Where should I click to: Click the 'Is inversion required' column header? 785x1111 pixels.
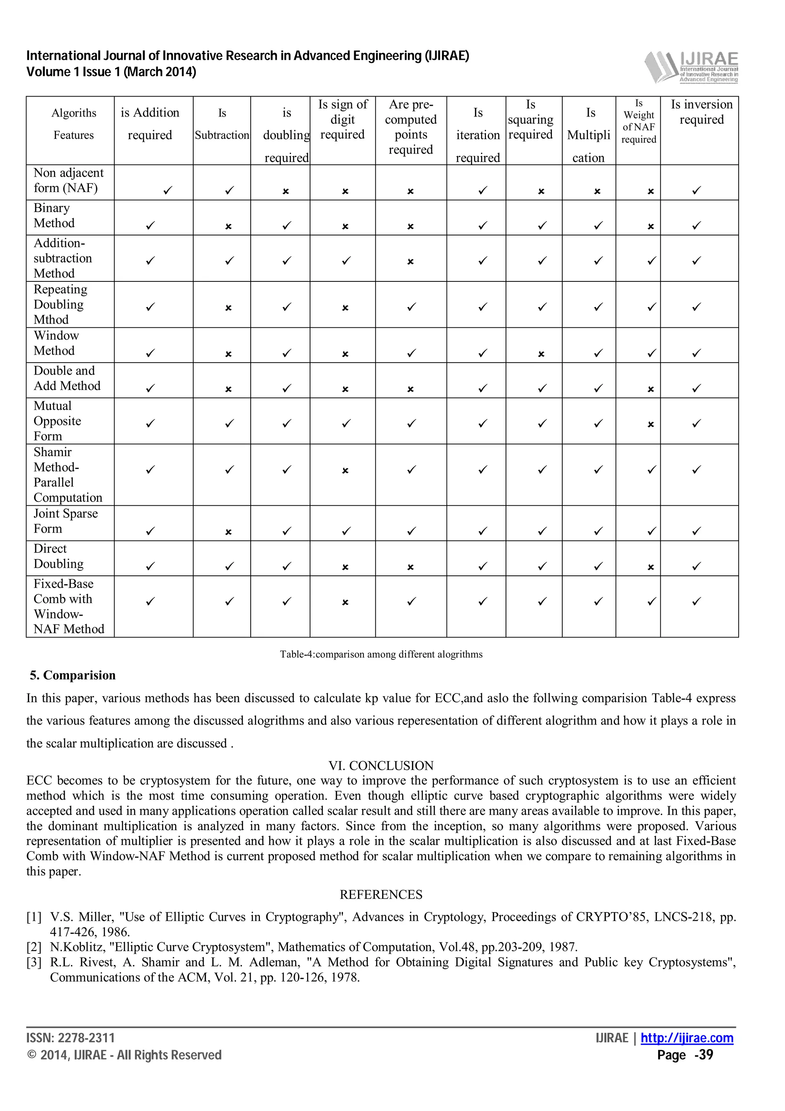click(701, 112)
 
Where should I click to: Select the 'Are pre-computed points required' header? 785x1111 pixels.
click(411, 127)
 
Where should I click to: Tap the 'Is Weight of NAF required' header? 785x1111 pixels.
click(639, 122)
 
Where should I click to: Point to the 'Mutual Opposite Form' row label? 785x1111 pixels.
click(57, 421)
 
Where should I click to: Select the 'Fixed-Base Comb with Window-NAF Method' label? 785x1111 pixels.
click(69, 606)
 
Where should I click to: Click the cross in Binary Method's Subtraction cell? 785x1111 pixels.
click(228, 227)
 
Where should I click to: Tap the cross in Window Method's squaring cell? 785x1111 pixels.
click(541, 354)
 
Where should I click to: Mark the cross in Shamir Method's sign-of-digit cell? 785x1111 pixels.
click(345, 470)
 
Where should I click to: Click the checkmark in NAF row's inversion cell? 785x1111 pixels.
click(696, 191)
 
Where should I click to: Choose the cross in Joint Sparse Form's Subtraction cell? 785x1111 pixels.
click(228, 532)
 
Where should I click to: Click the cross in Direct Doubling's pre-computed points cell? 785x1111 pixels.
click(410, 567)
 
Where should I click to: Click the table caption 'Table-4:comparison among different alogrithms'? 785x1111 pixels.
click(381, 654)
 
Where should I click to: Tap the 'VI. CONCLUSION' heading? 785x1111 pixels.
click(381, 766)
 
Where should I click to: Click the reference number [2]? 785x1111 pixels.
click(34, 947)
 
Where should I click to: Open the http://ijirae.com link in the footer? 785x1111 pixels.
click(687, 1038)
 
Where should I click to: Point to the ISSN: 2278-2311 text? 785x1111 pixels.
click(71, 1038)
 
